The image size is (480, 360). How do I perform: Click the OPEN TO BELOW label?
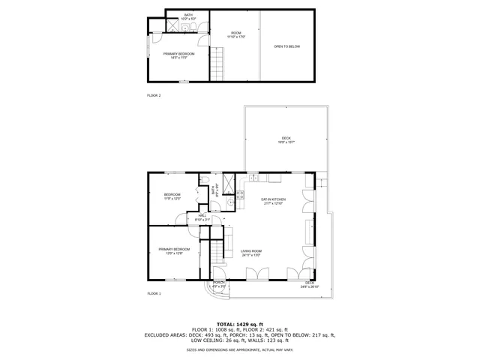(x=286, y=46)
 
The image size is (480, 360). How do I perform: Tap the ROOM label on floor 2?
(x=236, y=34)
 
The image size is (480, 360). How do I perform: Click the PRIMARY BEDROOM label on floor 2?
(x=178, y=55)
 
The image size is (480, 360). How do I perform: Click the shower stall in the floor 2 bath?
(x=172, y=27)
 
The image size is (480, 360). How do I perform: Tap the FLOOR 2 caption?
(x=154, y=96)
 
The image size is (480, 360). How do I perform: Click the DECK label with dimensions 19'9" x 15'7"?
(x=286, y=139)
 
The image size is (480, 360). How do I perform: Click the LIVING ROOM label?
(x=251, y=253)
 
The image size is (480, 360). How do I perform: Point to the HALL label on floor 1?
(x=202, y=217)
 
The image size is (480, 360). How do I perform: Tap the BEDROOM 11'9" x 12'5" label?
(x=172, y=197)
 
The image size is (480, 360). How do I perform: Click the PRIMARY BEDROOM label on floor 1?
(x=174, y=250)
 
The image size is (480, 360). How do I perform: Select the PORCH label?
(x=218, y=284)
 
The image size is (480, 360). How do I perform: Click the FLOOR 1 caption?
(x=154, y=292)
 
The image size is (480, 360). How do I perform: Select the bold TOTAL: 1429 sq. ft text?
(x=240, y=323)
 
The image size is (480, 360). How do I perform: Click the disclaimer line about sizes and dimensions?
(x=240, y=349)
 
